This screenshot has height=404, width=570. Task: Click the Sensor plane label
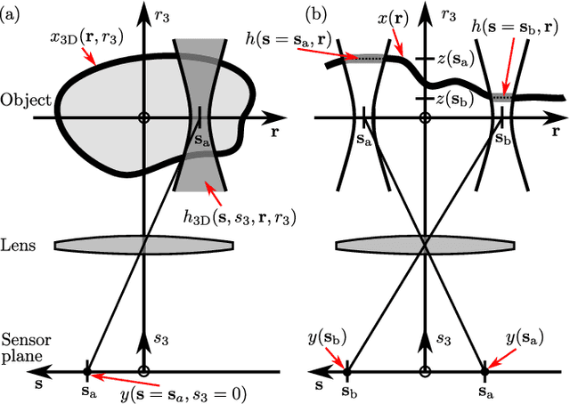[x=21, y=348]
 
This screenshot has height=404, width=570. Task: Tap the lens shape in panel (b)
[x=426, y=244]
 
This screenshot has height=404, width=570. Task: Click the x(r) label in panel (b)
[x=422, y=15]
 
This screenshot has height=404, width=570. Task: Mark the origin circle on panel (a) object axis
[x=144, y=117]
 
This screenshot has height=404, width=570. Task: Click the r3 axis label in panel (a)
[x=163, y=15]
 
